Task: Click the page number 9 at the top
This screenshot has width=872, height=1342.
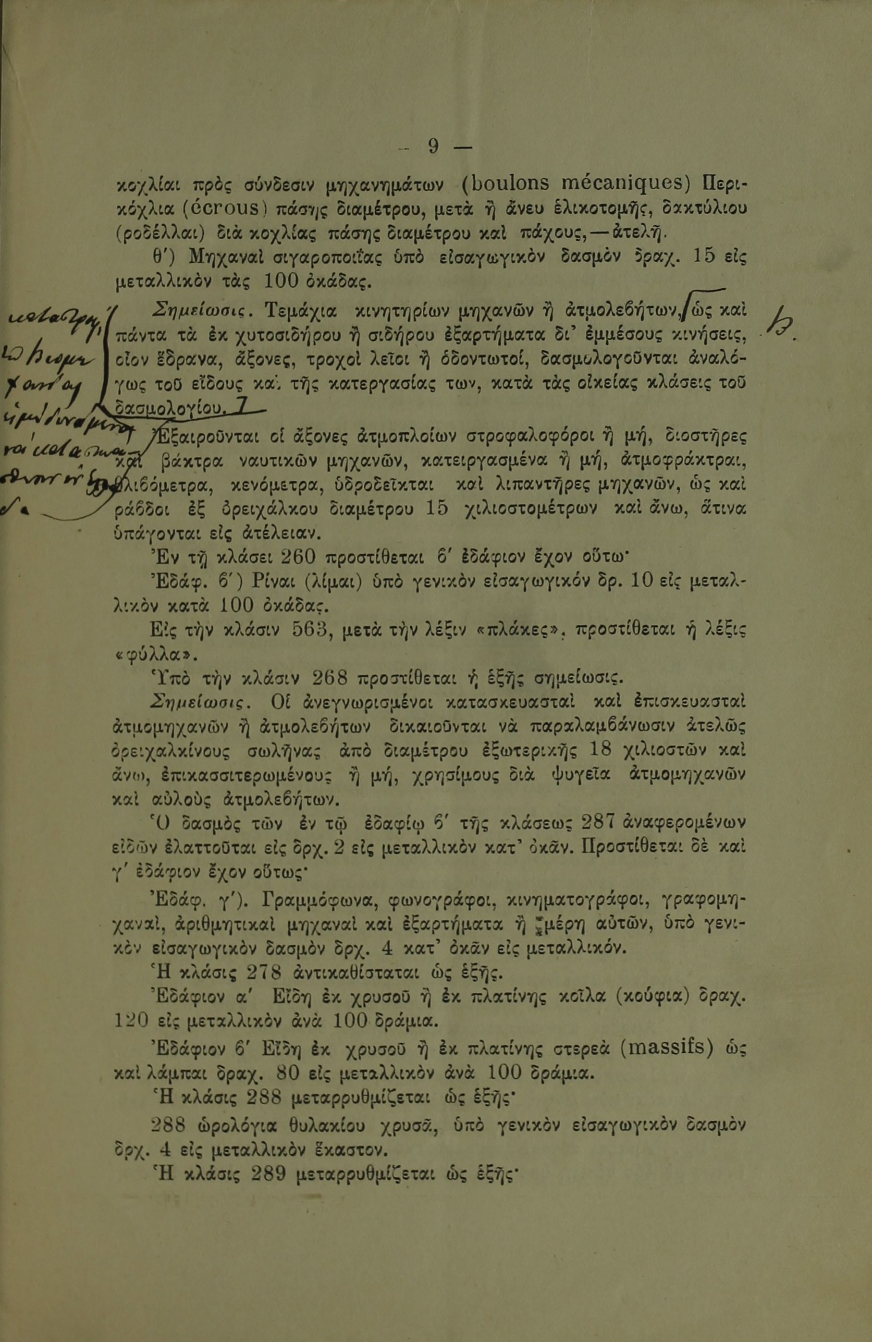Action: [433, 147]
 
